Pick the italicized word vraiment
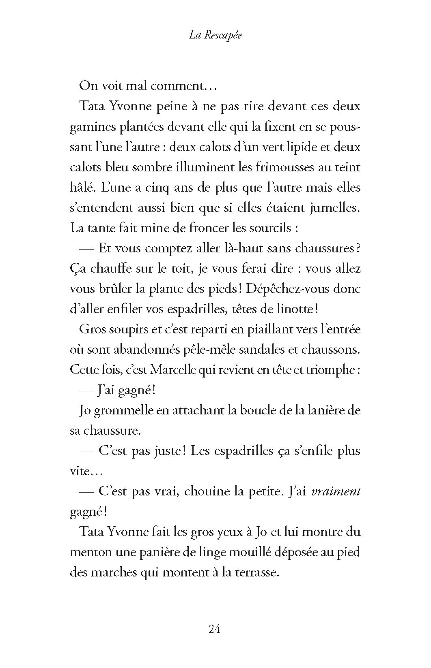pos(336,491)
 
